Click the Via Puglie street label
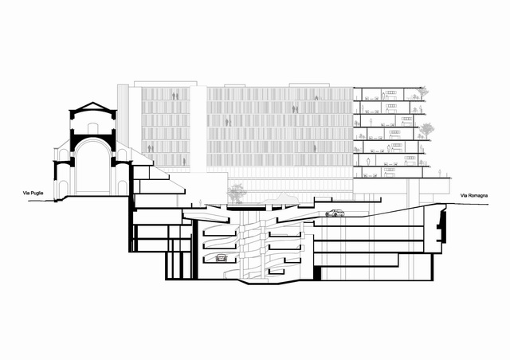[33, 194]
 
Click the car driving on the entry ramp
[335, 213]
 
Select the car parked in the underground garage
[222, 258]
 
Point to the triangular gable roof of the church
[93, 107]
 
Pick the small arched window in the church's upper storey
[93, 127]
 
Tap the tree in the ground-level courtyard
[237, 194]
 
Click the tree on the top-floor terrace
[422, 92]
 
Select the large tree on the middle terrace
[426, 131]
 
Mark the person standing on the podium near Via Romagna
[440, 173]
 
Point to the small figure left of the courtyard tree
[200, 202]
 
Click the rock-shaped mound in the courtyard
[279, 198]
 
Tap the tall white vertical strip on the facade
[198, 129]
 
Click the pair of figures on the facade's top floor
[175, 96]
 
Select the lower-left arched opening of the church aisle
[64, 186]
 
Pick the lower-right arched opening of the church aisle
[122, 188]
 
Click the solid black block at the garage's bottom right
[317, 273]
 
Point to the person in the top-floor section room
[383, 96]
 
